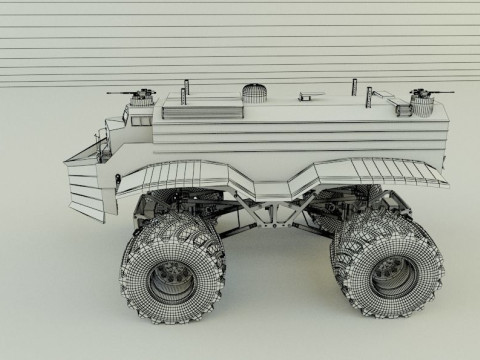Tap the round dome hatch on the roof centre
pyautogui.click(x=257, y=93)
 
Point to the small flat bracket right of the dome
pyautogui.click(x=305, y=98)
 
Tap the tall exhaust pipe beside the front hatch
pyautogui.click(x=185, y=87)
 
